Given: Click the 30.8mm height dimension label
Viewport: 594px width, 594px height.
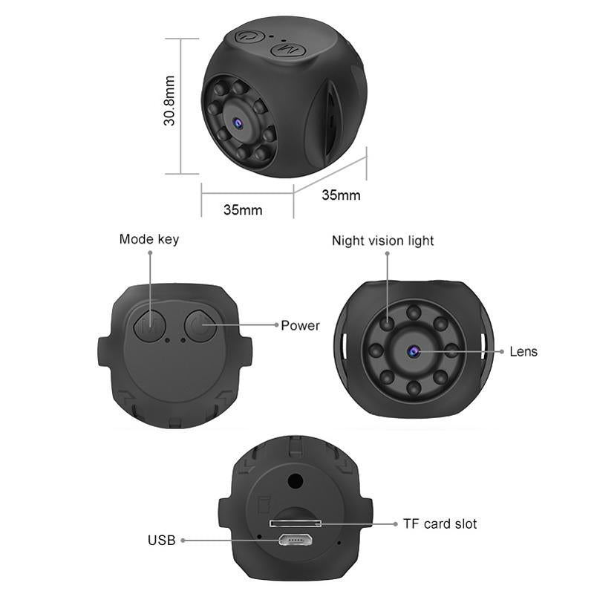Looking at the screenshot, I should pyautogui.click(x=170, y=100).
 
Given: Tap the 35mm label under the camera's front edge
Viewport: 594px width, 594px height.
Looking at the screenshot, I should pyautogui.click(x=243, y=209).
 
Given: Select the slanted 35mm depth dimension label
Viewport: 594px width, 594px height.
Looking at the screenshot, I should pyautogui.click(x=341, y=195).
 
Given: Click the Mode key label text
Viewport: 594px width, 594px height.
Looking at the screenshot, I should pyautogui.click(x=149, y=239).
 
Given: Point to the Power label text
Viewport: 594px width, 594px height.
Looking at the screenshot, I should pyautogui.click(x=301, y=325).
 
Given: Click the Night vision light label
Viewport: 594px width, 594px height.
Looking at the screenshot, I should pyautogui.click(x=383, y=241).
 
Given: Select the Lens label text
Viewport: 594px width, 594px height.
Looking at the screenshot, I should pyautogui.click(x=523, y=351).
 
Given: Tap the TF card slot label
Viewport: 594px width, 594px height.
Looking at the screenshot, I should pyautogui.click(x=440, y=523).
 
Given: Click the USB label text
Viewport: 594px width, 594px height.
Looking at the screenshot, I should pyautogui.click(x=161, y=541).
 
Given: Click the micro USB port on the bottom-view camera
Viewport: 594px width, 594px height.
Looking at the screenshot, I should pyautogui.click(x=295, y=540).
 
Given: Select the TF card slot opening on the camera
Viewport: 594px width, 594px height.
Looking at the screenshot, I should pyautogui.click(x=296, y=523).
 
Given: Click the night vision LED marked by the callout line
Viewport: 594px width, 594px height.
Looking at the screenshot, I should pyautogui.click(x=388, y=323).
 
